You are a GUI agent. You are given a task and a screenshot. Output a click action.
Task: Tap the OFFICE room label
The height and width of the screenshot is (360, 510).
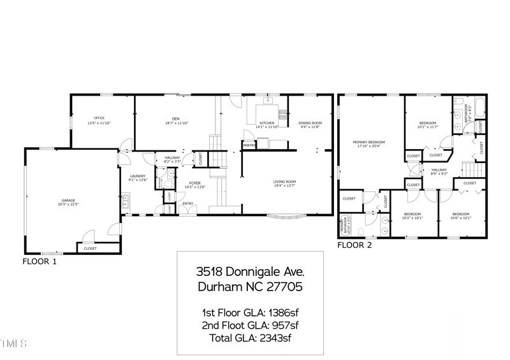click(x=99, y=118)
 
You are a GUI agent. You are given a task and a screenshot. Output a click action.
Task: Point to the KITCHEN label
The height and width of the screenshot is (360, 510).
click(x=266, y=122)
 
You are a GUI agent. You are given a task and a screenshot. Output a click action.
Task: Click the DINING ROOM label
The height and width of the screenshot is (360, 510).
click(x=310, y=122)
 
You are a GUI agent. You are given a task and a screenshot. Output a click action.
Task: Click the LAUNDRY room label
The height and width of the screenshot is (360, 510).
click(x=138, y=176)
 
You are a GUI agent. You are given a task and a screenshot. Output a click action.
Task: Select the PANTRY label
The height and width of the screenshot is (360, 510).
click(x=249, y=145)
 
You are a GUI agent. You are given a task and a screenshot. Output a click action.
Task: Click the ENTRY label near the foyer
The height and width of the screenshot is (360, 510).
click(x=187, y=204)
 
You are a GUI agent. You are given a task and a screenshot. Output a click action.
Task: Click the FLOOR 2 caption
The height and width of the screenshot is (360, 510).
click(x=354, y=245)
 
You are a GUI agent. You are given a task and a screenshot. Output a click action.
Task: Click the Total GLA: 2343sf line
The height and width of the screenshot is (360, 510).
click(x=249, y=338)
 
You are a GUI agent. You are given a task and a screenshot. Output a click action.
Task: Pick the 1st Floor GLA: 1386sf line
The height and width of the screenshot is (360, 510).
click(x=249, y=312)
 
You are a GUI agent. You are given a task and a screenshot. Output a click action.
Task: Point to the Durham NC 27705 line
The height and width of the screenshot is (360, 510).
click(x=249, y=287)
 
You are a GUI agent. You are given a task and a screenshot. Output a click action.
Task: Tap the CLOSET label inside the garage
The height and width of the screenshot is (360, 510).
click(x=91, y=248)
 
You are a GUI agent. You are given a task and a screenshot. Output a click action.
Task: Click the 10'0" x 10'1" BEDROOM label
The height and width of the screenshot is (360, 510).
click(x=461, y=214)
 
